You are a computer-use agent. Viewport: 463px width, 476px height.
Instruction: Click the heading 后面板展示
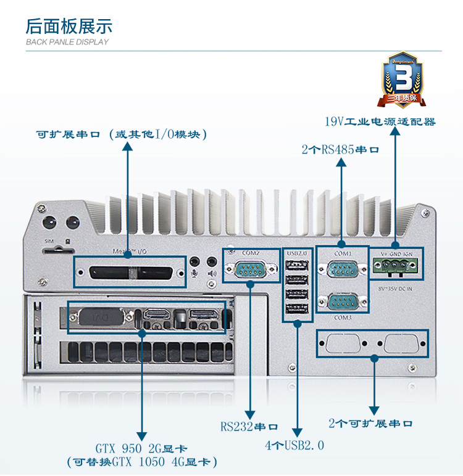pyautogui.click(x=69, y=26)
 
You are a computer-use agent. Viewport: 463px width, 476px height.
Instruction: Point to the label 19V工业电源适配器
pyautogui.click(x=380, y=121)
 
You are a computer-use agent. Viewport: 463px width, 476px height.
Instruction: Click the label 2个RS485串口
pyautogui.click(x=340, y=149)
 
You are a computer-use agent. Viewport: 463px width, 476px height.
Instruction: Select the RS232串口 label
pyautogui.click(x=249, y=426)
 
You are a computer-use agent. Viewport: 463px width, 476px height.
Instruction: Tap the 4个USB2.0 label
pyautogui.click(x=294, y=445)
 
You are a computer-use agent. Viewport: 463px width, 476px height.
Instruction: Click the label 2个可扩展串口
pyautogui.click(x=370, y=424)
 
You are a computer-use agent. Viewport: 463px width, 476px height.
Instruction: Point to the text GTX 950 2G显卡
pyautogui.click(x=141, y=448)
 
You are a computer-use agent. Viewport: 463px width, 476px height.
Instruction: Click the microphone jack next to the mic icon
pyautogui.click(x=196, y=261)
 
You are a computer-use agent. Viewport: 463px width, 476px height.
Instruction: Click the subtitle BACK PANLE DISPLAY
pyautogui.click(x=67, y=42)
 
